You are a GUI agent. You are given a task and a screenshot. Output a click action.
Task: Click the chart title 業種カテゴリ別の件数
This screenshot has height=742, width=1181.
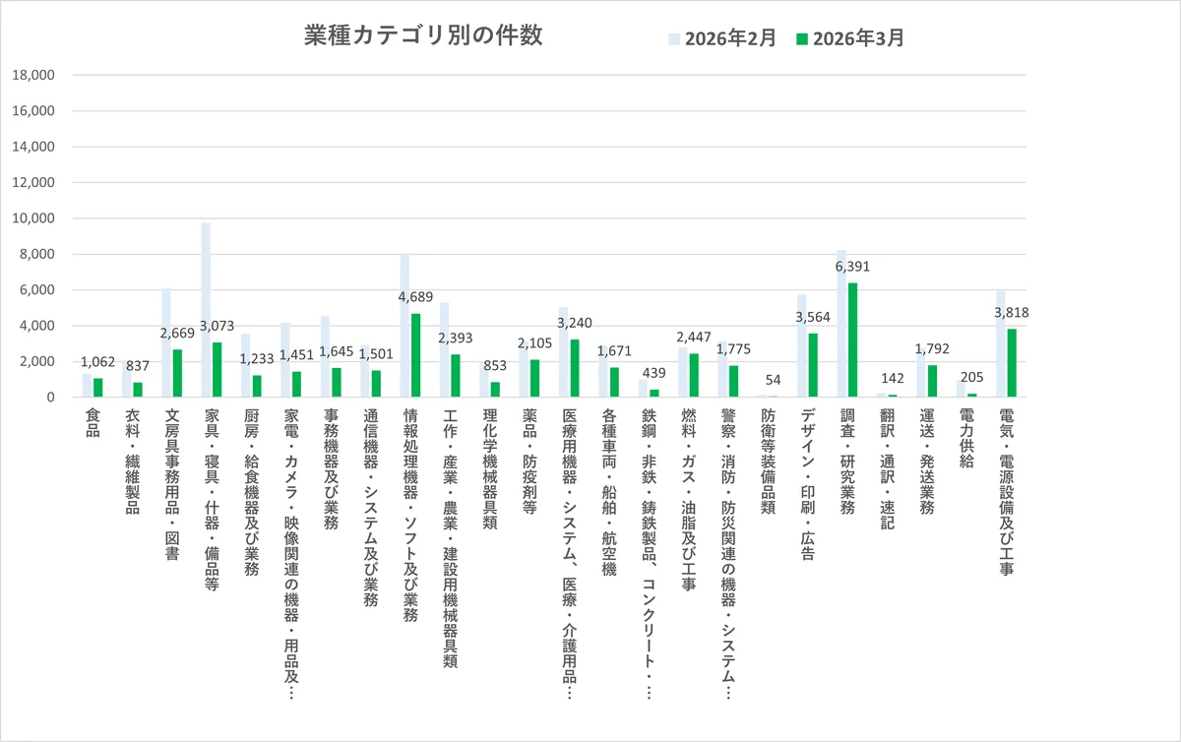[422, 35]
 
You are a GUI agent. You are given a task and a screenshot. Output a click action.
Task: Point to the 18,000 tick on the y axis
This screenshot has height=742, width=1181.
[33, 75]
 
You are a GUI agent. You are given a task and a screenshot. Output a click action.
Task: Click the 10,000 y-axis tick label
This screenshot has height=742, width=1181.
[33, 218]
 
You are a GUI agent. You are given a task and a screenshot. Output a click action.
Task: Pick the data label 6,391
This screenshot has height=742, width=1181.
[852, 267]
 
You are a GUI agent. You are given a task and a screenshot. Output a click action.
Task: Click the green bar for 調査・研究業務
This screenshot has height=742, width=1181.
[852, 340]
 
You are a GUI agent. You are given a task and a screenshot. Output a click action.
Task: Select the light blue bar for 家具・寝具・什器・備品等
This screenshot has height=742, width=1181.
[206, 310]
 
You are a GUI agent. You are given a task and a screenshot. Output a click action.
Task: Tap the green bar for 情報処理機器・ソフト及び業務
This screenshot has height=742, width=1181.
[416, 355]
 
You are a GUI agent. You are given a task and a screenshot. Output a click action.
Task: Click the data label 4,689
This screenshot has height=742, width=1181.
[416, 297]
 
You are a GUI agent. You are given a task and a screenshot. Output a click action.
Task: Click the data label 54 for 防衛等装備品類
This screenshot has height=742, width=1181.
[773, 380]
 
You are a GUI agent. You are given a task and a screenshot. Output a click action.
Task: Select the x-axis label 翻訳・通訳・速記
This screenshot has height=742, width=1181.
[887, 469]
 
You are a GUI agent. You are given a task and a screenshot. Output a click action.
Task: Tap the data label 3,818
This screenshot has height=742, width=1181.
[1012, 313]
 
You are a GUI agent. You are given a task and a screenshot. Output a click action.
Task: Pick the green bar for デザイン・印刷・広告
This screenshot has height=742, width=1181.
[813, 365]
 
